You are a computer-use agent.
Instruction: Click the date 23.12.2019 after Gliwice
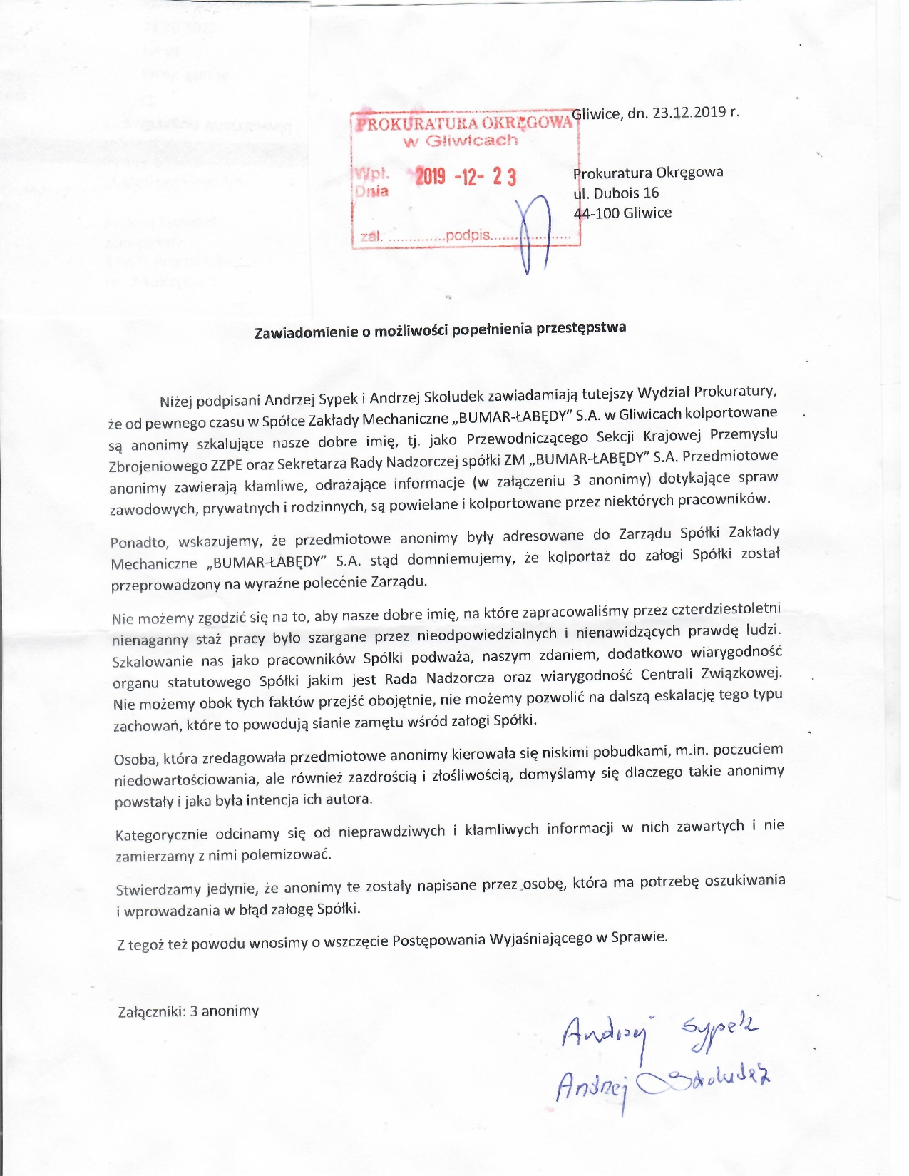(x=687, y=112)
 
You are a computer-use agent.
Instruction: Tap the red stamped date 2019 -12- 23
(x=466, y=177)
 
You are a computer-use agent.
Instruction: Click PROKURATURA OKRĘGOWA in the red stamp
(x=464, y=123)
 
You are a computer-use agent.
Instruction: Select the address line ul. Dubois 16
(x=616, y=193)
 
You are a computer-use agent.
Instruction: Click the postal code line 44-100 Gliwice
(x=623, y=213)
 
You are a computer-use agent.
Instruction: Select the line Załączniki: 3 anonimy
(x=188, y=1011)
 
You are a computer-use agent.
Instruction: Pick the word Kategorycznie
(x=161, y=834)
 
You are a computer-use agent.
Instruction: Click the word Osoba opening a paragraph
(x=135, y=760)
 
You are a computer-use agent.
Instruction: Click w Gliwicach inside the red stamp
(x=461, y=140)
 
